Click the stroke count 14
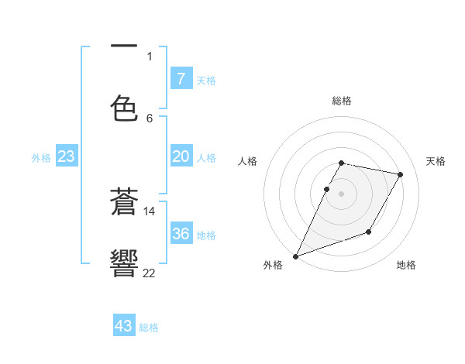point(150,211)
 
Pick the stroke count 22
point(150,272)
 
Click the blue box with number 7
point(181,79)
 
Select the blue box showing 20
point(181,156)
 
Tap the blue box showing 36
point(181,234)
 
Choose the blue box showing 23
point(67,156)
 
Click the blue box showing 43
point(124,326)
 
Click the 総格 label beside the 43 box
point(149,328)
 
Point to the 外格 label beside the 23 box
point(41,158)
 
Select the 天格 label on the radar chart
point(436,161)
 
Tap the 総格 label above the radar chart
point(342,101)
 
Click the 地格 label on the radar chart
point(406,266)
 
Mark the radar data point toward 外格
point(295,256)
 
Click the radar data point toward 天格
point(401,174)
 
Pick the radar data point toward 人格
point(326,189)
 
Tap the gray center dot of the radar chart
point(342,194)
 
